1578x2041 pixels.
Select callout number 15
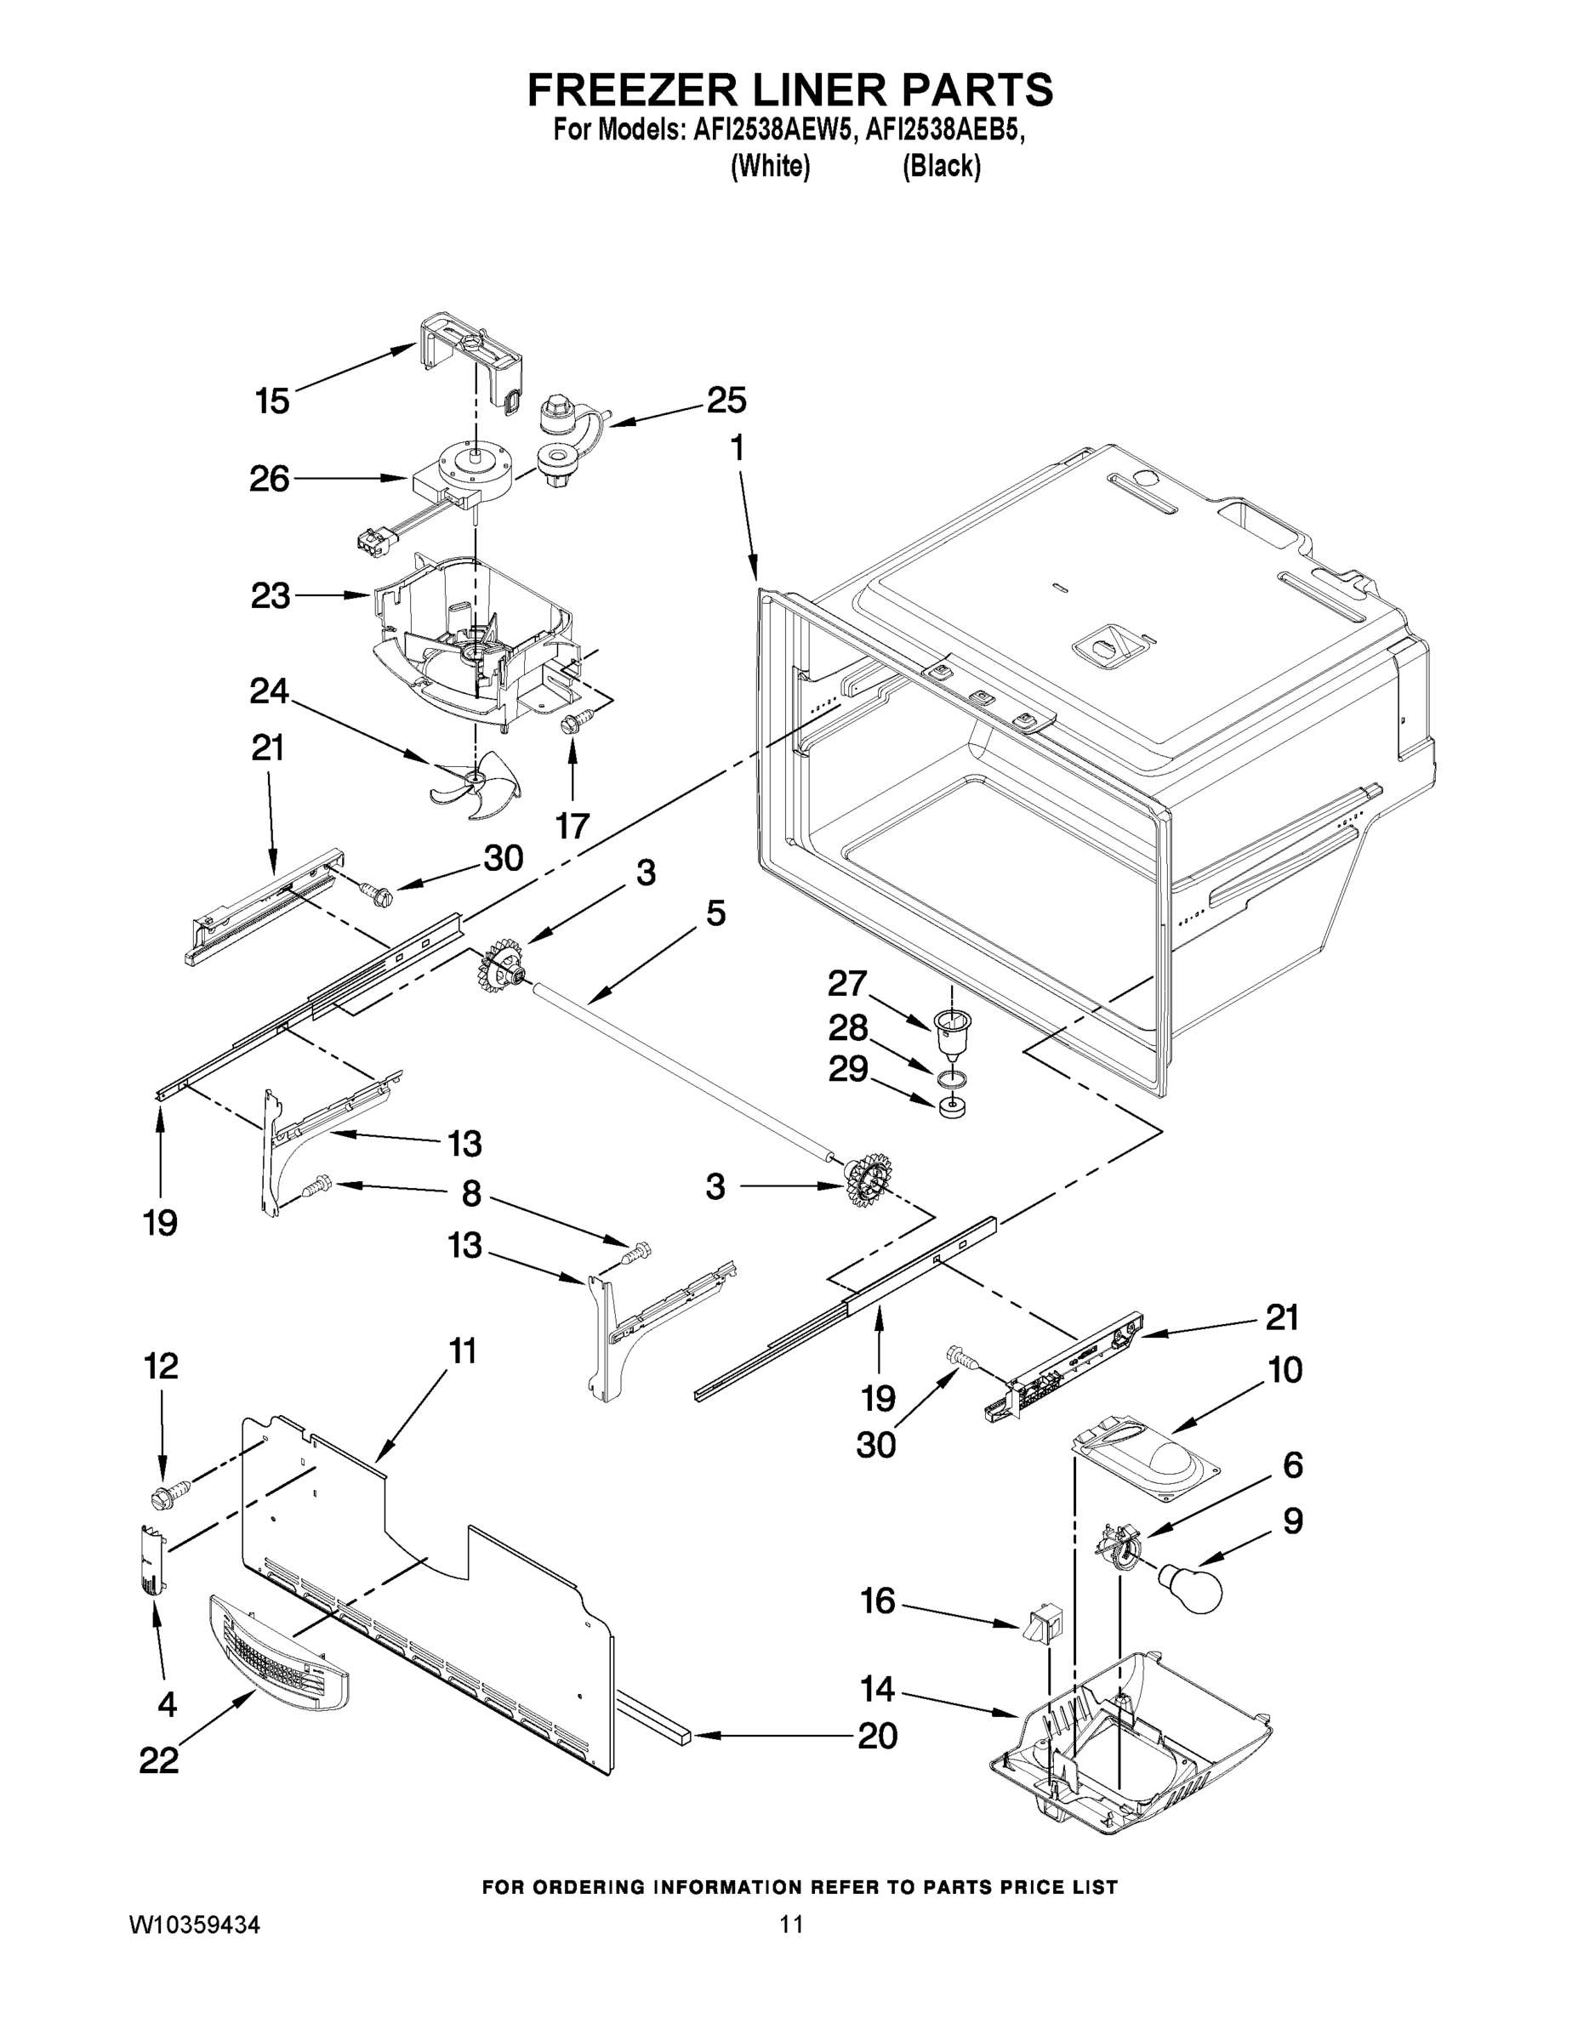[x=272, y=402]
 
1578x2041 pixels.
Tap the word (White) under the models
[x=769, y=167]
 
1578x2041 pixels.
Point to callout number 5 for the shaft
[x=715, y=913]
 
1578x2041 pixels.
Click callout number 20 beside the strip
[x=877, y=1736]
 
